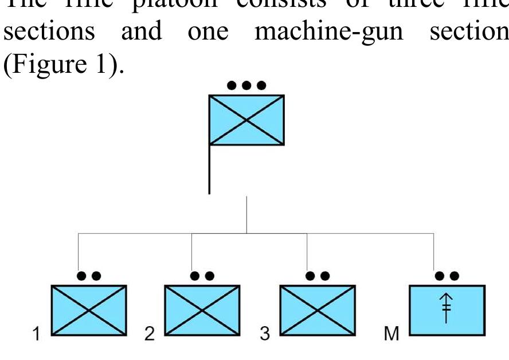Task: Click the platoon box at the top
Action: tap(246, 119)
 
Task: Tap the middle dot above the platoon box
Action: tap(246, 85)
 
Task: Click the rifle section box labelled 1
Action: tap(89, 310)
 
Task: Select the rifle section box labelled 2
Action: tap(202, 310)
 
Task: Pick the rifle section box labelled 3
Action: tap(317, 310)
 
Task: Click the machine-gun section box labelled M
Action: tap(447, 310)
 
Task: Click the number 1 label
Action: tap(37, 334)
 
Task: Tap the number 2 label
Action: tap(150, 334)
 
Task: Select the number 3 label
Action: tap(264, 334)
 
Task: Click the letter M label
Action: tap(391, 334)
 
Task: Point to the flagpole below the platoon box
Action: tap(209, 169)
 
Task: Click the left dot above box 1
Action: tap(82, 276)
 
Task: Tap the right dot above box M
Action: tap(455, 276)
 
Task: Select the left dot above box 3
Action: tap(310, 276)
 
